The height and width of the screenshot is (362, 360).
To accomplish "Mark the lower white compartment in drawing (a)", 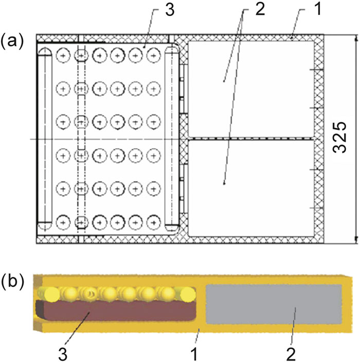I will (250, 187).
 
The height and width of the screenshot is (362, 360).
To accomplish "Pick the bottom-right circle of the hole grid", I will (152, 223).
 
